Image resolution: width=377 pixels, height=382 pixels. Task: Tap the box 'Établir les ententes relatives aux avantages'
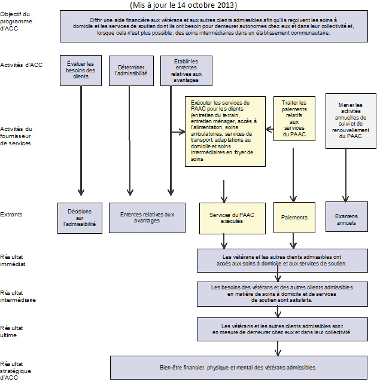click(x=187, y=71)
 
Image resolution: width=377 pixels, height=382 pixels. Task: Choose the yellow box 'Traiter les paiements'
click(x=294, y=118)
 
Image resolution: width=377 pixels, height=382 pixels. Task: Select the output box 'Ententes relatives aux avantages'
click(x=147, y=218)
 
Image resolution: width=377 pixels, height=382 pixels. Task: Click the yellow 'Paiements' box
click(x=294, y=218)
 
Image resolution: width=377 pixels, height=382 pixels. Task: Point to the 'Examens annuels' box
click(x=346, y=218)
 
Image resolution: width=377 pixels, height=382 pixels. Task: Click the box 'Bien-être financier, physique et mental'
click(x=238, y=367)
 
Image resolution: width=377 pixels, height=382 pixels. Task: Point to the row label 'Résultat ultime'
click(x=12, y=331)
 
